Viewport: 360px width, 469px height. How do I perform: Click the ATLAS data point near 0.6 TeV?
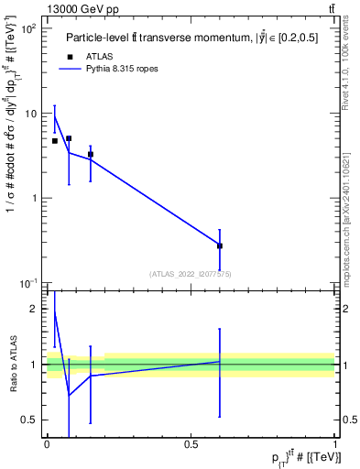[220, 245]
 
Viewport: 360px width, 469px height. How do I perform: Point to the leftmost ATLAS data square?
[55, 141]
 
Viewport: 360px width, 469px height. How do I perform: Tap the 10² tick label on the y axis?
[29, 29]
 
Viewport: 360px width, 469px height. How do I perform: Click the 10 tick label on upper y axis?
[31, 114]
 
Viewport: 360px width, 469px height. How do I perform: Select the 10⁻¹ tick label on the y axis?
[28, 283]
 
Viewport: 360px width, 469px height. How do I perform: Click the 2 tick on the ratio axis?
[37, 310]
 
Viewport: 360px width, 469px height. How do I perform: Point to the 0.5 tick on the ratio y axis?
[32, 420]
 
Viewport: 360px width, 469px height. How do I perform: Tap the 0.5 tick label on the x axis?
[191, 444]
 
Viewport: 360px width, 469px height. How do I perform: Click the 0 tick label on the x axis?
[47, 444]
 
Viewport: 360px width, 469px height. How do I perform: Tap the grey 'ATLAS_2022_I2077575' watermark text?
[191, 274]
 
